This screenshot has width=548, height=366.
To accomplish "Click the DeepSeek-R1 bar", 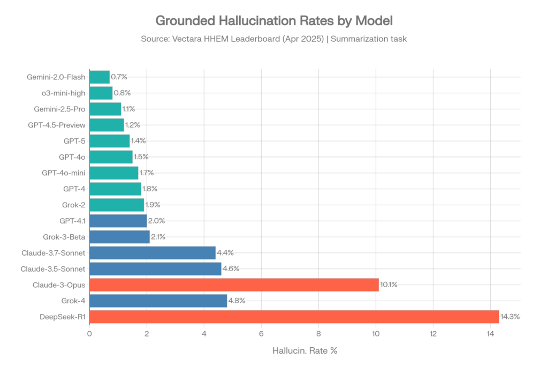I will [294, 317].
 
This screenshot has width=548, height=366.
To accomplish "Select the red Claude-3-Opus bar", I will [234, 285].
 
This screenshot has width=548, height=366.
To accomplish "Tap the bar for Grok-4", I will [158, 301].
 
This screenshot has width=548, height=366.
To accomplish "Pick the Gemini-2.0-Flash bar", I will [100, 77].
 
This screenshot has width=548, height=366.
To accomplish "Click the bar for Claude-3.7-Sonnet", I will [153, 252].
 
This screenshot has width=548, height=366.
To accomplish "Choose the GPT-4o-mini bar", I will [114, 173].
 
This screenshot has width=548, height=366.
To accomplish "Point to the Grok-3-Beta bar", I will [119, 237].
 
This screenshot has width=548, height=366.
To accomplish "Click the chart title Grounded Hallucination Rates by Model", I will [274, 21].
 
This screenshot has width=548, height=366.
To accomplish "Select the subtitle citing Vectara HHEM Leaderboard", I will [274, 39].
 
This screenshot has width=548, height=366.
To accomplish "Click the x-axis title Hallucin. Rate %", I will [305, 351].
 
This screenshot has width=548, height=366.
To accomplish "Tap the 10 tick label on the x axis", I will [376, 334].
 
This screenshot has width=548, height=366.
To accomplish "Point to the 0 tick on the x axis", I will [89, 334].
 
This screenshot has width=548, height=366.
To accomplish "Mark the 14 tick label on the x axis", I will [490, 334].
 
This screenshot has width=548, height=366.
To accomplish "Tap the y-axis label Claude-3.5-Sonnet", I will [54, 268].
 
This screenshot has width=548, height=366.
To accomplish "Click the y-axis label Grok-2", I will [74, 205].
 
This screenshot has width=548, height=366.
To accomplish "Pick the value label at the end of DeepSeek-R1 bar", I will [510, 317].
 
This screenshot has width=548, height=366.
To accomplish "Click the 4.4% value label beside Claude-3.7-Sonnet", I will [225, 252].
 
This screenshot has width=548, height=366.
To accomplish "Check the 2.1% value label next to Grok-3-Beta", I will [158, 237].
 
